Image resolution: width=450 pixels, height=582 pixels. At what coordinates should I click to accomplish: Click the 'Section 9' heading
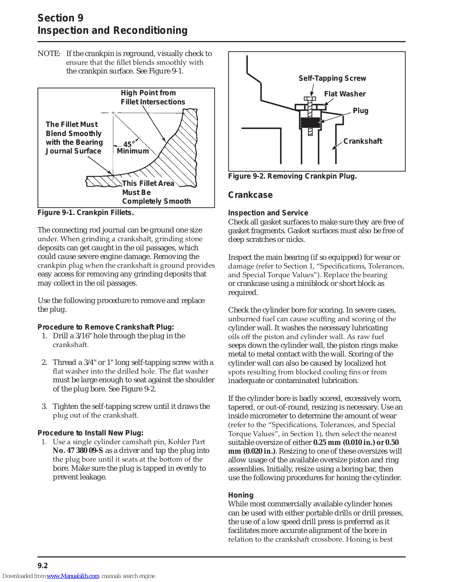coord(60,18)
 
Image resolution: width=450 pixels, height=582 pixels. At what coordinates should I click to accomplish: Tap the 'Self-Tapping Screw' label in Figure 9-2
coord(332,78)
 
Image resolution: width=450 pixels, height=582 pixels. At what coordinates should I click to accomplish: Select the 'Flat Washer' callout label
coord(345,94)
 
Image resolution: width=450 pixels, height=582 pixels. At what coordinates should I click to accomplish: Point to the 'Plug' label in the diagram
coord(360,111)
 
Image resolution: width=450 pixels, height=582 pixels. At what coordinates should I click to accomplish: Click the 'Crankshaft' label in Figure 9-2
coord(363,141)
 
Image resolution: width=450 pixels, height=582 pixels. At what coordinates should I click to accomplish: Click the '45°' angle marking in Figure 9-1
coord(128,144)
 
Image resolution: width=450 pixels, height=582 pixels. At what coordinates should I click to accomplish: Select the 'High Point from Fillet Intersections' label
coord(153,97)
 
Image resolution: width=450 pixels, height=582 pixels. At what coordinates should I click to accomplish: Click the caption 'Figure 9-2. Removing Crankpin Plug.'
coord(292,176)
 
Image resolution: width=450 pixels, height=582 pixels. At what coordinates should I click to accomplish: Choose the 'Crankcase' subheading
coord(250,195)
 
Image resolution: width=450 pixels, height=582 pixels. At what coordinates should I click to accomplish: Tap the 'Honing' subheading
coord(240,495)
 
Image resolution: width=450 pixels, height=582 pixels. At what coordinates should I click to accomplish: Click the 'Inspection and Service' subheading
coord(268,213)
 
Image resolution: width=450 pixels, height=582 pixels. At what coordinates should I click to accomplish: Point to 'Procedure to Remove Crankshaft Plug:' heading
coord(105,327)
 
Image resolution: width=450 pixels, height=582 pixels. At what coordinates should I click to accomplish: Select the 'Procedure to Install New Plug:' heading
coord(90,433)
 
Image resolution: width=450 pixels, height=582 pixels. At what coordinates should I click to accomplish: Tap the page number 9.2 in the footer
coord(43,566)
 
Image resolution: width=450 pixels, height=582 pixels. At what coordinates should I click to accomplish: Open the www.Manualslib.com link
coord(73,576)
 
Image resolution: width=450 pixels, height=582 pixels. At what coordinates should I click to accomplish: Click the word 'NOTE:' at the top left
coord(49,53)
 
